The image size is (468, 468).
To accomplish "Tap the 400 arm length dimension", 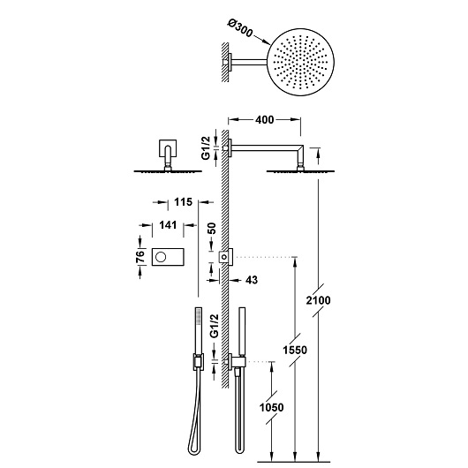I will pyautogui.click(x=264, y=118).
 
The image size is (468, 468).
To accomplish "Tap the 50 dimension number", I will pyautogui.click(x=211, y=227).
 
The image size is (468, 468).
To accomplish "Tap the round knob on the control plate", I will pyautogui.click(x=162, y=257).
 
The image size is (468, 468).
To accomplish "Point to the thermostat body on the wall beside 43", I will pyautogui.click(x=226, y=255).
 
